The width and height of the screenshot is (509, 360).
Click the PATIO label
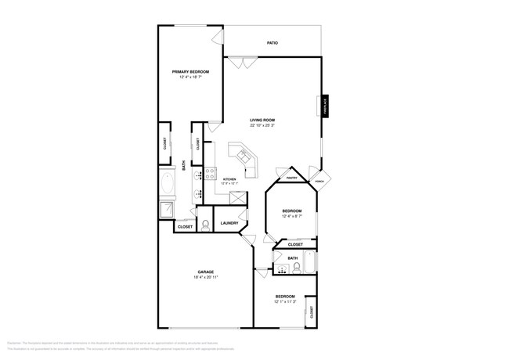pyautogui.click(x=272, y=43)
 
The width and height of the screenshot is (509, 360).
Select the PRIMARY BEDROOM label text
pyautogui.click(x=190, y=71)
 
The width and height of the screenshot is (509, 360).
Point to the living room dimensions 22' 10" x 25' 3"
pyautogui.click(x=262, y=125)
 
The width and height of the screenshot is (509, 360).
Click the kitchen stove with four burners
pyautogui.click(x=211, y=174)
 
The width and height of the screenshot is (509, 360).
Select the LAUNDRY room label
pyautogui.click(x=229, y=223)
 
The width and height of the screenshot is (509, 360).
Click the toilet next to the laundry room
pyautogui.click(x=204, y=225)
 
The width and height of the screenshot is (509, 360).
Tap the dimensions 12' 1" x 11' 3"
pyautogui.click(x=284, y=301)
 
